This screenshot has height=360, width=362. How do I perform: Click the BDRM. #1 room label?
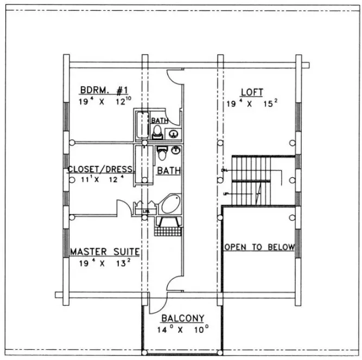pos(103,89)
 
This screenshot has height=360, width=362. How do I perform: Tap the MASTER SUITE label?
pos(105,252)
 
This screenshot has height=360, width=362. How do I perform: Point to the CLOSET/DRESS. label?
pos(100,169)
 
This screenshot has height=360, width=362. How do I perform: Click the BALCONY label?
pos(182,318)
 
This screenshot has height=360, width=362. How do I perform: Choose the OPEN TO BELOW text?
pos(259,247)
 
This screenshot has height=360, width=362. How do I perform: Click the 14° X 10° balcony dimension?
pos(182,329)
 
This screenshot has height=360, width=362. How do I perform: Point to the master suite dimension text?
pos(104,263)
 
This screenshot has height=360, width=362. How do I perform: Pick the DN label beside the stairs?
pos(224,171)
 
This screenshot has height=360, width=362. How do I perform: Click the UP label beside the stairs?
pos(224,194)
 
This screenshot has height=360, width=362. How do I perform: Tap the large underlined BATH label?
pos(168,171)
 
